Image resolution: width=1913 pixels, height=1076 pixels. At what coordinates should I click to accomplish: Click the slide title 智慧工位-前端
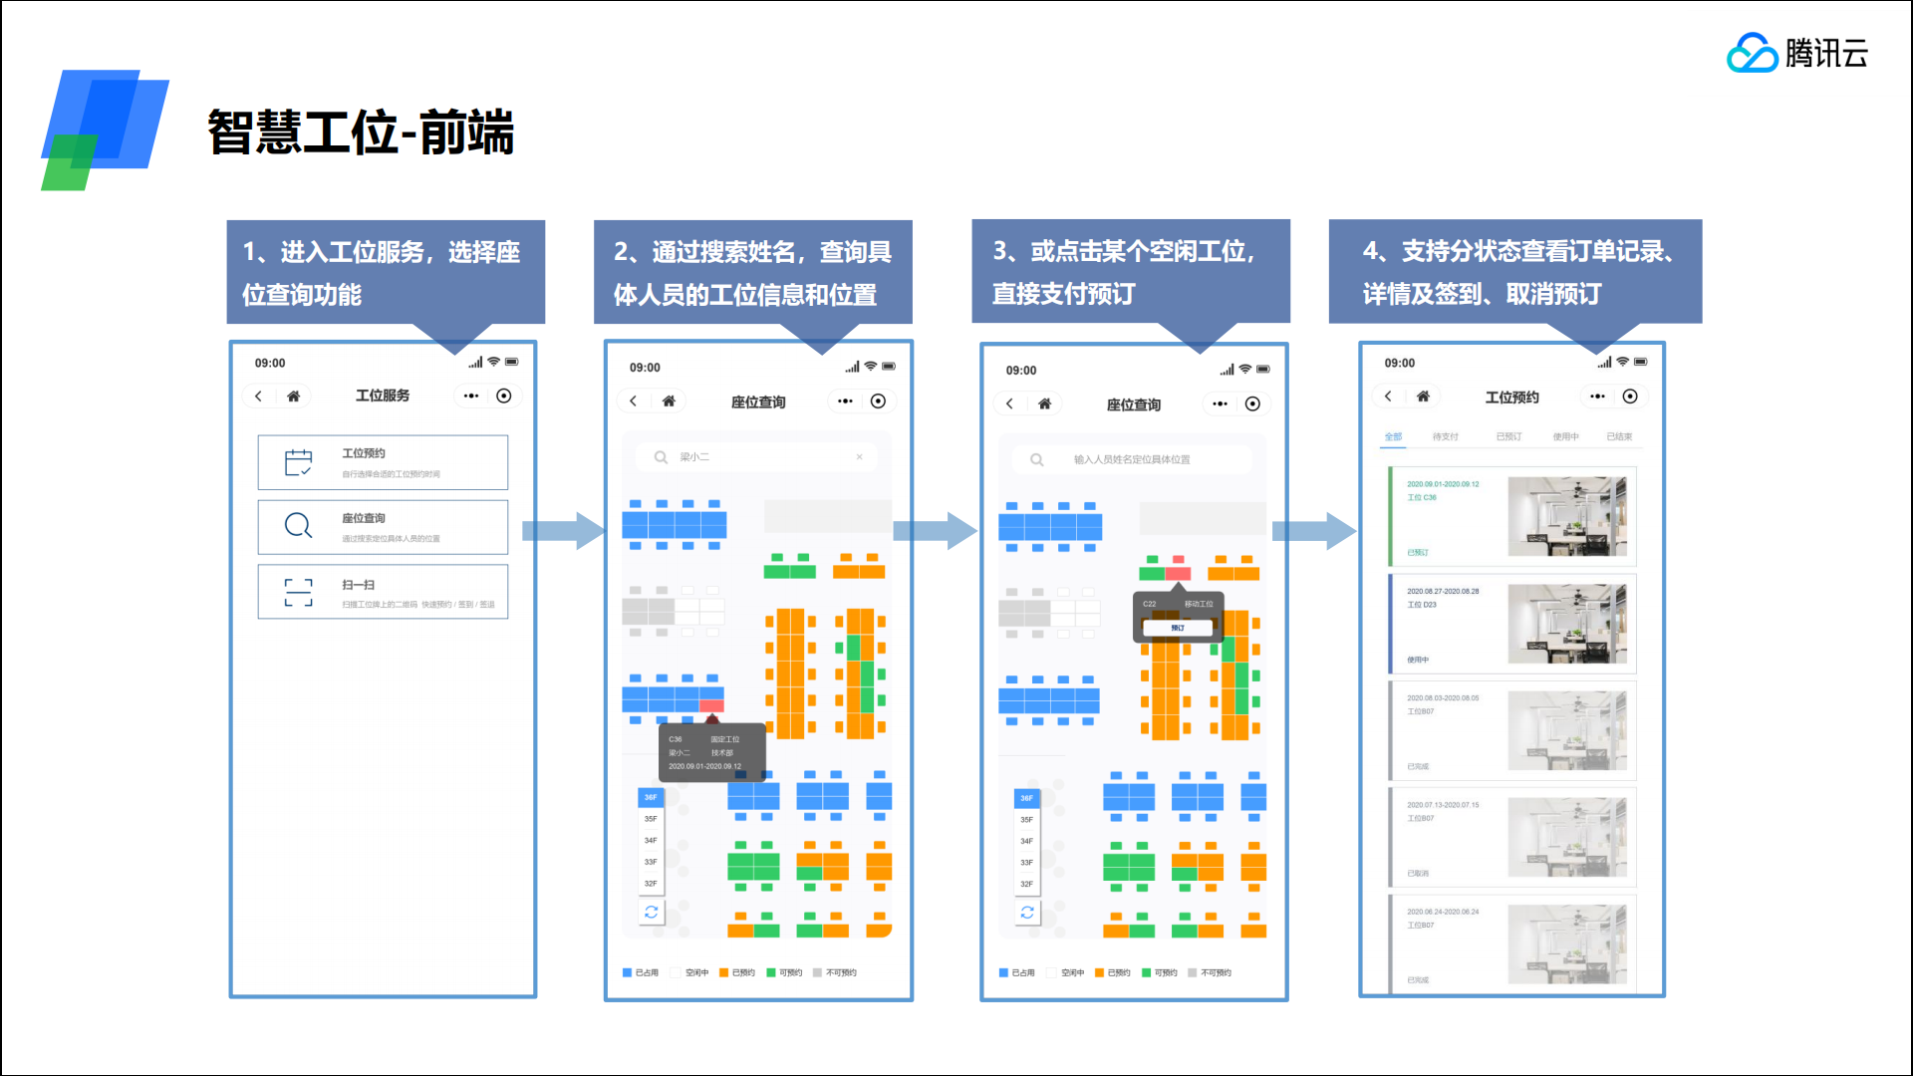(361, 133)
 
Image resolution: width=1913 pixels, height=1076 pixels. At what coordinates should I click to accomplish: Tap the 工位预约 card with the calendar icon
(383, 462)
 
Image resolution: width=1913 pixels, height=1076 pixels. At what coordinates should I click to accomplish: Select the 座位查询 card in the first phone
(383, 527)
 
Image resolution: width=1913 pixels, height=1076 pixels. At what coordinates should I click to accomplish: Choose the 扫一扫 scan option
(383, 593)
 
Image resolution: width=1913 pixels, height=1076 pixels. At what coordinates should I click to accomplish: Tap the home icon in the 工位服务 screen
(293, 397)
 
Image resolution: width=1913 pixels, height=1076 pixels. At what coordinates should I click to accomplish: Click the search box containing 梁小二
(757, 457)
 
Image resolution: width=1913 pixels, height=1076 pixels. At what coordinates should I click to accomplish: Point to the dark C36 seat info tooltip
(711, 753)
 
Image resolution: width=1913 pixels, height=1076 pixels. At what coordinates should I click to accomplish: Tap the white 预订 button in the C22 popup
(1178, 628)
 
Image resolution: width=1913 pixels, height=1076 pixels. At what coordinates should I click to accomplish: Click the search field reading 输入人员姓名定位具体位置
(1132, 460)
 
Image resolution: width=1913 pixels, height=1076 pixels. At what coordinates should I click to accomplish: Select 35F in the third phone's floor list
(1026, 820)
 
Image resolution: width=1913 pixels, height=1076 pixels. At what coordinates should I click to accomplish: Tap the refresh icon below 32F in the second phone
(651, 912)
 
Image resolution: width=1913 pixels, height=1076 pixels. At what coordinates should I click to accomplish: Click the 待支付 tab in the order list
(1445, 437)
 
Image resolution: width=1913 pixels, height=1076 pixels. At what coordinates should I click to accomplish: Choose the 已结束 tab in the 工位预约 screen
(1619, 437)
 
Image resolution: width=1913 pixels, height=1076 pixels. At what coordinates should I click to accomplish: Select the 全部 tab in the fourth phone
(1393, 437)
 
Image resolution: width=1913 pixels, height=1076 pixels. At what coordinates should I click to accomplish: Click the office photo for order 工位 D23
(1566, 624)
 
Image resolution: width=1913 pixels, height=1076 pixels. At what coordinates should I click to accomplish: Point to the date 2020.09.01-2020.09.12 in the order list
(1443, 484)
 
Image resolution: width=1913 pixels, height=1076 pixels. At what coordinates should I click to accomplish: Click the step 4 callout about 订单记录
(1514, 271)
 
